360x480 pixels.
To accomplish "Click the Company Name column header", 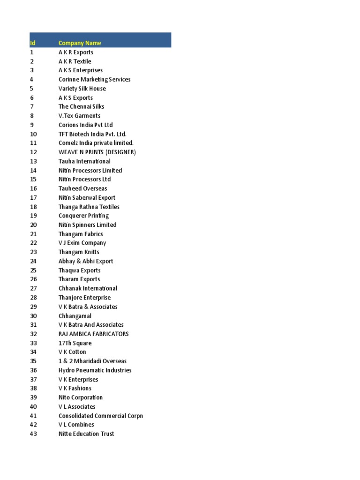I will [x=80, y=43].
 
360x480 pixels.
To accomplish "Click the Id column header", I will [x=32, y=43].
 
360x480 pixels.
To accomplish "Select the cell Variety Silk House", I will [x=82, y=89].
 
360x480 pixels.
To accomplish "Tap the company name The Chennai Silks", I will [x=81, y=106].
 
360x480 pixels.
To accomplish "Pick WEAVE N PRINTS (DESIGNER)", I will [x=97, y=152].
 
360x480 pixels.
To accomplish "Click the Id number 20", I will [x=33, y=225].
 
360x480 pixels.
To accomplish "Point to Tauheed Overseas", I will [x=82, y=188].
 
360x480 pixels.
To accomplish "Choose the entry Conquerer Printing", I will [x=83, y=216].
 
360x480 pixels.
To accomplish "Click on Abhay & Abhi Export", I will [x=86, y=261].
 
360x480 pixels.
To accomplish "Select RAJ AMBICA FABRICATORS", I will [x=93, y=334].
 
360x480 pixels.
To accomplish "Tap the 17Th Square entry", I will [x=75, y=343].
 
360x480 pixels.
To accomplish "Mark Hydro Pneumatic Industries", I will [x=95, y=370].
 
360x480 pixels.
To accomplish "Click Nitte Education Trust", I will [x=86, y=434].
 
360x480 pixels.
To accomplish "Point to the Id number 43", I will [x=33, y=434].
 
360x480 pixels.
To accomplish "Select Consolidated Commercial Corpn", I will [x=101, y=416].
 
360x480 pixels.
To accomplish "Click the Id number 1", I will [x=32, y=52].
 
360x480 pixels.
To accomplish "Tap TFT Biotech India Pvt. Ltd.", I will [x=92, y=134].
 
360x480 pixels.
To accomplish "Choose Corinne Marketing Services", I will [x=94, y=79].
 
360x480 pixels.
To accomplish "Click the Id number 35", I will [x=33, y=361].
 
